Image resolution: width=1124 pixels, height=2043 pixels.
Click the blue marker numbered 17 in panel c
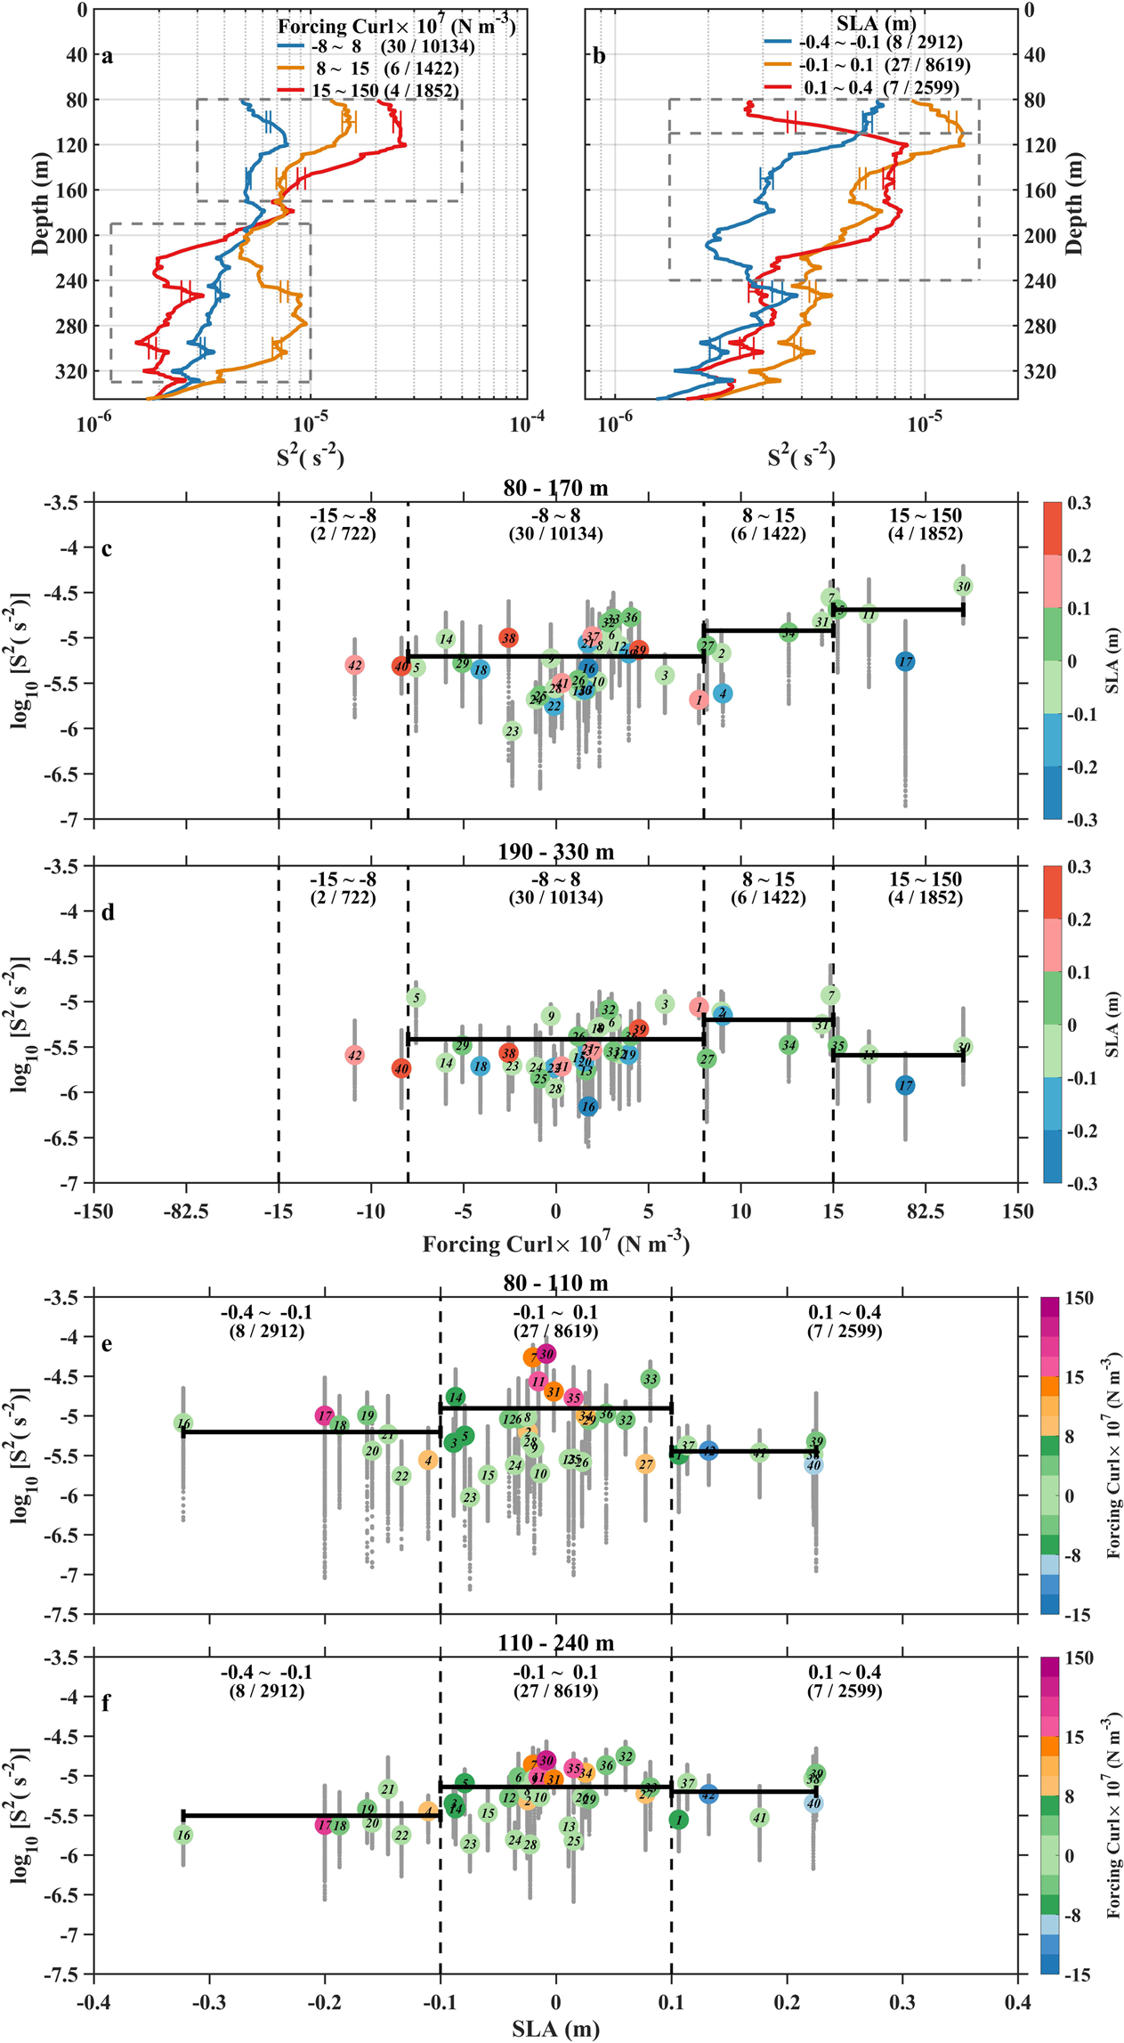[905, 661]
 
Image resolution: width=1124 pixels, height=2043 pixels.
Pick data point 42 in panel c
[354, 665]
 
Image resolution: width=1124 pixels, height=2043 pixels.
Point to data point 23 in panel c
[512, 731]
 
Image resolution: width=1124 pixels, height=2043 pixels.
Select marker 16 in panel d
[588, 1107]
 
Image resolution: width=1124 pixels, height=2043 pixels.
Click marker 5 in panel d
[416, 998]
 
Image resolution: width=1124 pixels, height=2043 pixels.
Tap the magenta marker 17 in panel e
[325, 1415]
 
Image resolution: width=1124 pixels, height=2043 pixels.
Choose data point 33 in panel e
[651, 1379]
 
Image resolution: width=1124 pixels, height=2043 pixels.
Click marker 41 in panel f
[759, 1818]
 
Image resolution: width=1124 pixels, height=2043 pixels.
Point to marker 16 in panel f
[183, 1835]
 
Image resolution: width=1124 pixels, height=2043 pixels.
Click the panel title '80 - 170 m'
[555, 488]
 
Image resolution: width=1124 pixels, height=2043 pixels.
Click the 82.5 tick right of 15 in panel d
[926, 1211]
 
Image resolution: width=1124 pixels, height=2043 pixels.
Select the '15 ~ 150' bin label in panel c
[925, 515]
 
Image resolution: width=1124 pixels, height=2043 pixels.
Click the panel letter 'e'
[106, 1343]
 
